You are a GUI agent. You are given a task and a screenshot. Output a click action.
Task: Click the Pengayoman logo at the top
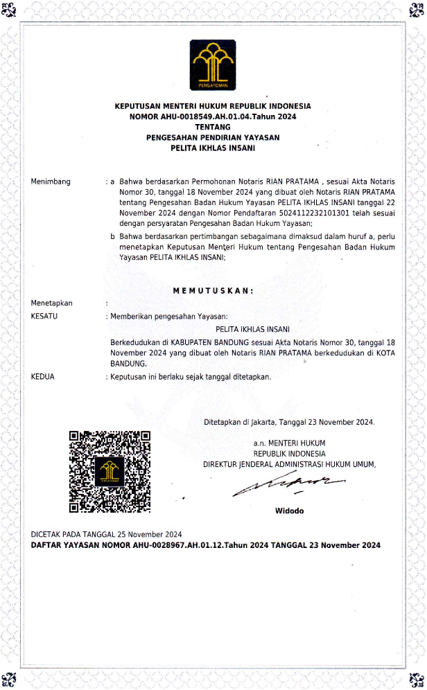(213, 67)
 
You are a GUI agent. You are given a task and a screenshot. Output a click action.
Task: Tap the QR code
(110, 471)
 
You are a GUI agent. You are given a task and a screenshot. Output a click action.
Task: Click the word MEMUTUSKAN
(213, 290)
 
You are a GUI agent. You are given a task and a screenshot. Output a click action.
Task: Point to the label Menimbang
(51, 182)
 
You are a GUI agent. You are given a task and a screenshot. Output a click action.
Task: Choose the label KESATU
(44, 316)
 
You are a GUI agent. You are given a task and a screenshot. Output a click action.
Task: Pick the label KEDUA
(43, 377)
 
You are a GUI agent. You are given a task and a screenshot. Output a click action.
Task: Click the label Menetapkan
(52, 303)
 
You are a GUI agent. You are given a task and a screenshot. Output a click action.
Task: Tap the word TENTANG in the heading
(213, 127)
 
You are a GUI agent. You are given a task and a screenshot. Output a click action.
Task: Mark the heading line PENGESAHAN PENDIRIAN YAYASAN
(213, 137)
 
